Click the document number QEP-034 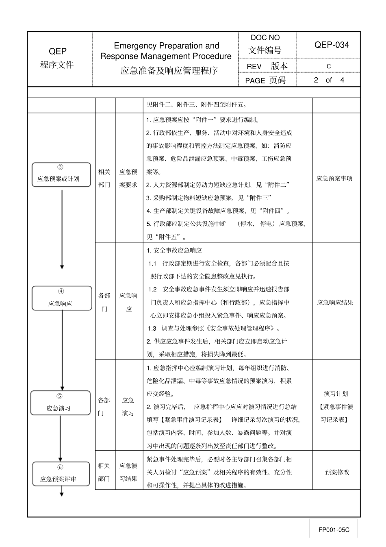click(332, 45)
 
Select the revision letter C click(329, 66)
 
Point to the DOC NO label click(265, 38)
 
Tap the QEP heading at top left click(58, 51)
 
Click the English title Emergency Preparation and click(167, 46)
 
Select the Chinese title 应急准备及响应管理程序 click(169, 71)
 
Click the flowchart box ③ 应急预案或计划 click(61, 175)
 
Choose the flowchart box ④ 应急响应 click(62, 298)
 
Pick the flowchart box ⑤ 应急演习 click(61, 403)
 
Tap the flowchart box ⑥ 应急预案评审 click(61, 474)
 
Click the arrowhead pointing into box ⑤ click(62, 388)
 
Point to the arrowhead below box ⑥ click(62, 494)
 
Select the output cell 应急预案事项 click(334, 179)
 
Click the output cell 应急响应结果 click(335, 303)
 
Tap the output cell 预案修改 click(337, 472)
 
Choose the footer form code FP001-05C click(334, 530)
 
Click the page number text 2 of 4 click(329, 80)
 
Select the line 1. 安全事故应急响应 click(174, 251)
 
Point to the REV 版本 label click(267, 66)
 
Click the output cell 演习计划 click(336, 394)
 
